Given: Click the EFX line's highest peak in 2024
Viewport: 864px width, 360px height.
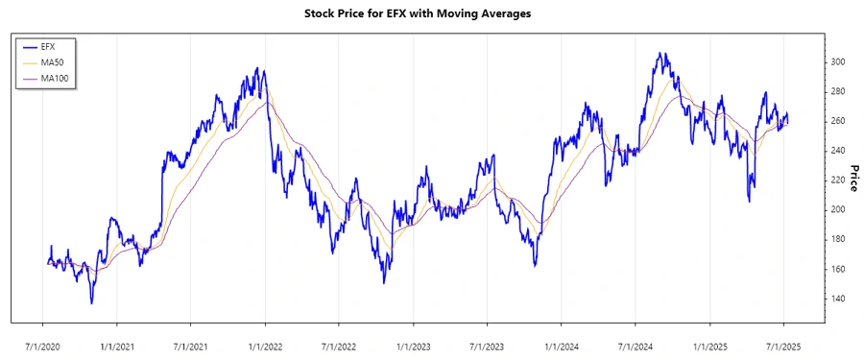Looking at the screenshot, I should coord(660,54).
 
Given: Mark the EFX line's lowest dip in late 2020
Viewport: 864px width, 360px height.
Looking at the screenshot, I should coord(92,303).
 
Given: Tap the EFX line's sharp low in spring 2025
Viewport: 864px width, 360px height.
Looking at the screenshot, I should coord(749,201).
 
